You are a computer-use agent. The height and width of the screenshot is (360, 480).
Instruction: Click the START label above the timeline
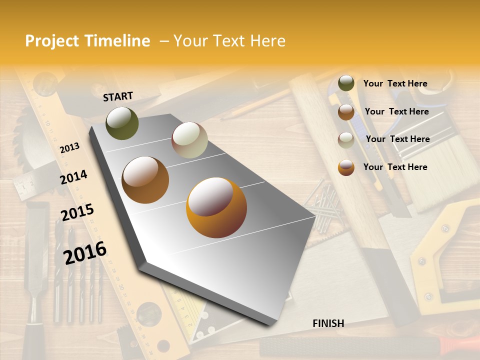(118, 96)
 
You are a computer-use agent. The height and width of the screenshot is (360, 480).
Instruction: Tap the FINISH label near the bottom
(328, 323)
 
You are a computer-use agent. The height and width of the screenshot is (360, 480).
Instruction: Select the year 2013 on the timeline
(69, 147)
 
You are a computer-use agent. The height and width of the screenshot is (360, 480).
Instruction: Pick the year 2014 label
(73, 177)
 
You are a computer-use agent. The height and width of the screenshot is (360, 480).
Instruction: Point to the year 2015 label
(77, 212)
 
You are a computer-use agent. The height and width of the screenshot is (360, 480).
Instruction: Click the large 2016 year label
(85, 252)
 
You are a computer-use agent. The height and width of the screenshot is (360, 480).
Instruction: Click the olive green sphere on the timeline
(122, 123)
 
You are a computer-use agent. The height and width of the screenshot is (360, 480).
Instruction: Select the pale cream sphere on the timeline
(189, 140)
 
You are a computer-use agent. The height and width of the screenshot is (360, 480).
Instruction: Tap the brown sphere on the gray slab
(145, 180)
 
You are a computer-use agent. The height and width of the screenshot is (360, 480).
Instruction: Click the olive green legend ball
(346, 83)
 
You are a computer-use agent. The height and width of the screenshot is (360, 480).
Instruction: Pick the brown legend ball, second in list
(346, 112)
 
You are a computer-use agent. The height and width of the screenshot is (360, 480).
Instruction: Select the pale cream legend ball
(346, 139)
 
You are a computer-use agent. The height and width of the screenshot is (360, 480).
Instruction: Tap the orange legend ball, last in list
(346, 167)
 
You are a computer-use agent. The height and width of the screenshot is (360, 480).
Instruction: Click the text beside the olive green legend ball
(395, 84)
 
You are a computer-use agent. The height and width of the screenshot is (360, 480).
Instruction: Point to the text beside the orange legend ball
(395, 167)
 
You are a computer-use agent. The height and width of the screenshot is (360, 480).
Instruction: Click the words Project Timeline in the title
(87, 41)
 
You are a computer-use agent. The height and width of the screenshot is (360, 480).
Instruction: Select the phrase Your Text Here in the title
(229, 41)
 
